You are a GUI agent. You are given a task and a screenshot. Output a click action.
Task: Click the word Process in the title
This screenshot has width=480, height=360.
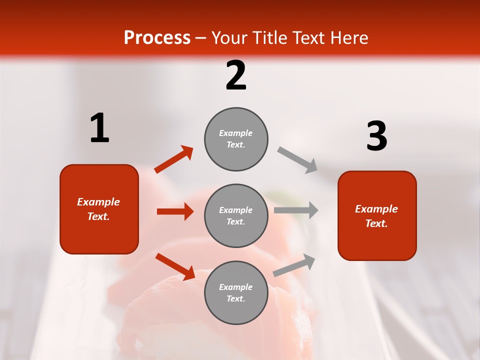[x=157, y=37]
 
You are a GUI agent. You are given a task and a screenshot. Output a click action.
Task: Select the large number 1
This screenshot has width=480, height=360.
[x=99, y=128]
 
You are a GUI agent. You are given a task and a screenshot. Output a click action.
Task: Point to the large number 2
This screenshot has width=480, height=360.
[x=236, y=75]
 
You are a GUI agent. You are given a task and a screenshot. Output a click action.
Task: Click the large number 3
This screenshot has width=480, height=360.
[x=376, y=136]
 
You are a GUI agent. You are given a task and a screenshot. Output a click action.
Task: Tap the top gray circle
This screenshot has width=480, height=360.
[x=236, y=139]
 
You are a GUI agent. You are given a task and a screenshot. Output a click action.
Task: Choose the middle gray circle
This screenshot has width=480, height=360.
[x=236, y=215]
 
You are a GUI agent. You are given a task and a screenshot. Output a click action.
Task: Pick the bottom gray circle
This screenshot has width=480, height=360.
[x=236, y=292]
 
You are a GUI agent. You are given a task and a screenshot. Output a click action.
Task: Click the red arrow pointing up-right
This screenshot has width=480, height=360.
[x=174, y=159]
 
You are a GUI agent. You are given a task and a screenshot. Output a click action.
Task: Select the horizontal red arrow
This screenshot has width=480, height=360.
[x=175, y=211]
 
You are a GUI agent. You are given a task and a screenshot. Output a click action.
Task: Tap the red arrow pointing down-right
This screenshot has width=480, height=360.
[x=175, y=266]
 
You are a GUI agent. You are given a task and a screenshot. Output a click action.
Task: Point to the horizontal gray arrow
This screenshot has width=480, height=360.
[x=296, y=210]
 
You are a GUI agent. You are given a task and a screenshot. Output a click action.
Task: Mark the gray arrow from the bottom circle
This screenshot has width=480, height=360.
[x=294, y=265]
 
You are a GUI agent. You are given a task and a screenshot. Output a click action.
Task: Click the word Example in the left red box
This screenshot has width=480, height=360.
[x=98, y=202]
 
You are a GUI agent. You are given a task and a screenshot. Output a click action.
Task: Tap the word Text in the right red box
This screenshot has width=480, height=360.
[x=376, y=223]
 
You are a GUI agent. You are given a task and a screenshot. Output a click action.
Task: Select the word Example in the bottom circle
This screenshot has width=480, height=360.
[x=236, y=287]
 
